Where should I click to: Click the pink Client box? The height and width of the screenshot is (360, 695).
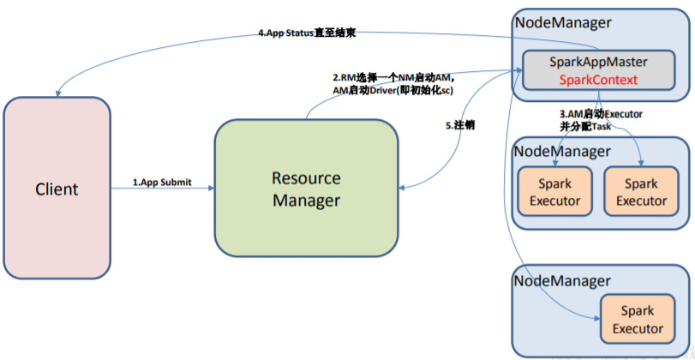point(56,189)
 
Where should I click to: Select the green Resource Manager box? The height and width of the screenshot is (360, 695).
point(306,189)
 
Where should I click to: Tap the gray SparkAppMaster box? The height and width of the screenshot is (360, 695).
point(597,70)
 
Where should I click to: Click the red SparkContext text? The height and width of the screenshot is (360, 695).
point(597,80)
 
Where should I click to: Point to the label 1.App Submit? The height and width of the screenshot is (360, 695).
point(162,182)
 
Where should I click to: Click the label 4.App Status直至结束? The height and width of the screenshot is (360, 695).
point(307,33)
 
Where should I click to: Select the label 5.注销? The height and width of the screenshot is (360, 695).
point(460,125)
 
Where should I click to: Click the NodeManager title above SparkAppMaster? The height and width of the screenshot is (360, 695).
point(561,21)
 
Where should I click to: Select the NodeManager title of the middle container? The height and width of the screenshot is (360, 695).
point(561,151)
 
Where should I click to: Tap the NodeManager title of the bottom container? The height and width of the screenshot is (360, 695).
point(561,280)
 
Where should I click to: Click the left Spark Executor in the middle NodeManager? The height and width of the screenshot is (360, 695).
point(554,192)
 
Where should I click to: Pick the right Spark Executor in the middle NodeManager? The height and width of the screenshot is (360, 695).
point(641,192)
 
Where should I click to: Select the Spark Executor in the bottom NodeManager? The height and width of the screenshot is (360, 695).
point(642,321)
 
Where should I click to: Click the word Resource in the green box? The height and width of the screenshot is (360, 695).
point(306,178)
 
